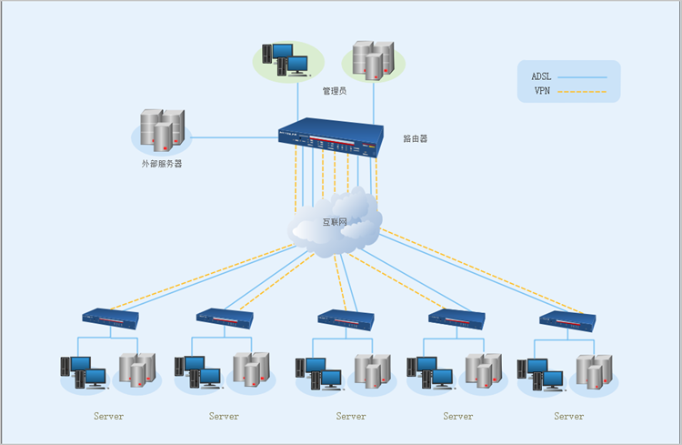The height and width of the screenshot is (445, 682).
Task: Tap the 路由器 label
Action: [x=416, y=139]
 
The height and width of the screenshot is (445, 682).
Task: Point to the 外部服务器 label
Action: [x=161, y=165]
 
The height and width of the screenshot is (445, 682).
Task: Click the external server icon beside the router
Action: [x=162, y=130]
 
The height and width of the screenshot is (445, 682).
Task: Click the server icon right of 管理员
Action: [x=373, y=58]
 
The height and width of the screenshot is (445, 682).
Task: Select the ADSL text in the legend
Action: [x=542, y=76]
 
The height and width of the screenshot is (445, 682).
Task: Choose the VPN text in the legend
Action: [x=542, y=91]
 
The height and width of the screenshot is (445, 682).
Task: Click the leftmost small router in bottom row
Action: [x=110, y=318]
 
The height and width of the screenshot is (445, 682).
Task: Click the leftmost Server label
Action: [x=108, y=417]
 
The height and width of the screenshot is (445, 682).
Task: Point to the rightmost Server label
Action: [x=568, y=417]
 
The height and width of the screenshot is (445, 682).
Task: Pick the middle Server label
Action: [x=350, y=417]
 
